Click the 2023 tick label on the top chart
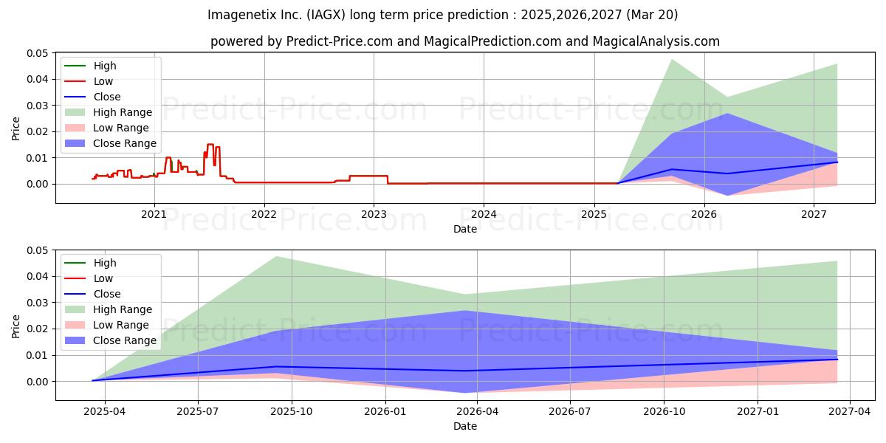coord(374,214)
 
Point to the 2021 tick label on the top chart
coord(154,214)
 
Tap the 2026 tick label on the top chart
coord(704,214)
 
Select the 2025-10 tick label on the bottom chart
coord(292,412)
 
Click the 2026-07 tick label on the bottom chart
coord(569,412)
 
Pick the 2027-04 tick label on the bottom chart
coord(850,412)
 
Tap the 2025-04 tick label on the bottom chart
coord(104,412)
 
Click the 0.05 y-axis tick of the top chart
coord(38,53)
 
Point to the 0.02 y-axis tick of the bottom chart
coord(38,329)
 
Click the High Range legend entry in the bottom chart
coord(109,309)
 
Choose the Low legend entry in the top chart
coord(89,81)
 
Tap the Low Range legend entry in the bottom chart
coord(107,325)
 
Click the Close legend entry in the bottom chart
coord(93,294)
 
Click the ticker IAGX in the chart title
coord(326,15)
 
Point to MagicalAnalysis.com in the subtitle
coord(656,41)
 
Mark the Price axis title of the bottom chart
coord(16,326)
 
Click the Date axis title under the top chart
coord(465,229)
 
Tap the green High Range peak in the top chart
coord(672,60)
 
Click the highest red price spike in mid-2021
coord(210,145)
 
